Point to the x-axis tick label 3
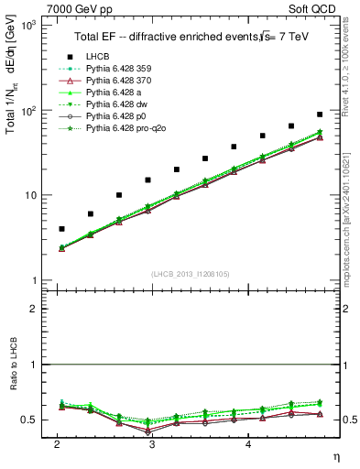pos(151,443)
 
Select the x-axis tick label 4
pos(248,443)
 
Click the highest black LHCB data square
pos(319,115)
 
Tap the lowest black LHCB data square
pos(61,229)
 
